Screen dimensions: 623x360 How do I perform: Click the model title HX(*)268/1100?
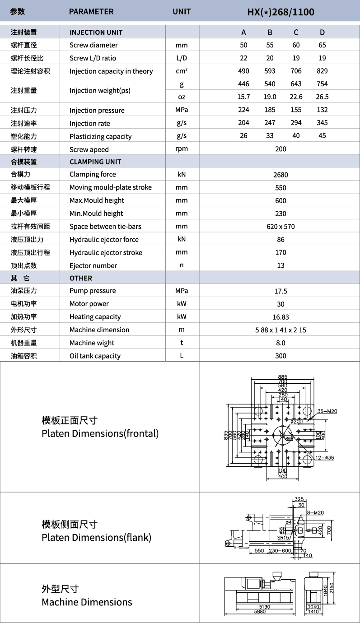click(281, 12)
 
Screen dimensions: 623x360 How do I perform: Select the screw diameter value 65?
click(322, 45)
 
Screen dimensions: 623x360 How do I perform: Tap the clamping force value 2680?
click(281, 175)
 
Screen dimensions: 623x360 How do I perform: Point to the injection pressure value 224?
click(244, 110)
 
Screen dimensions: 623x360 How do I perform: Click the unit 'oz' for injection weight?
click(182, 97)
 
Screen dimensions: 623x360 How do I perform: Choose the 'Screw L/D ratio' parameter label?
click(93, 58)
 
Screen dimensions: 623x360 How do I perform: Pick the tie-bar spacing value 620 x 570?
click(281, 227)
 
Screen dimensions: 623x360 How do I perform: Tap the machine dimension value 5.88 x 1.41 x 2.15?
click(281, 330)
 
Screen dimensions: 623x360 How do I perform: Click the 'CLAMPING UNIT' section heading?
click(95, 162)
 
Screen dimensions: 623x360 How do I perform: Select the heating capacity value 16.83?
click(281, 317)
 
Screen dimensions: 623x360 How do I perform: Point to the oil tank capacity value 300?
click(281, 356)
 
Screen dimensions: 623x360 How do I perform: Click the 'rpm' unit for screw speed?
click(182, 149)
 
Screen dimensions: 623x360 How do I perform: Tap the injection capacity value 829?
click(322, 71)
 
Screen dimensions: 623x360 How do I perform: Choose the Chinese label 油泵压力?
click(24, 291)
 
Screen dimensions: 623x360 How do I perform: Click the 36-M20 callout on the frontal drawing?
click(327, 411)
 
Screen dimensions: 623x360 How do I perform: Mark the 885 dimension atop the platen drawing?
click(283, 377)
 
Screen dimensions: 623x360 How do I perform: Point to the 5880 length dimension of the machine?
click(260, 612)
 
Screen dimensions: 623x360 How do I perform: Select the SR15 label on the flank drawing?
click(283, 538)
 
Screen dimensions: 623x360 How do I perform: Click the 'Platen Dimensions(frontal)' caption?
click(100, 434)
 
